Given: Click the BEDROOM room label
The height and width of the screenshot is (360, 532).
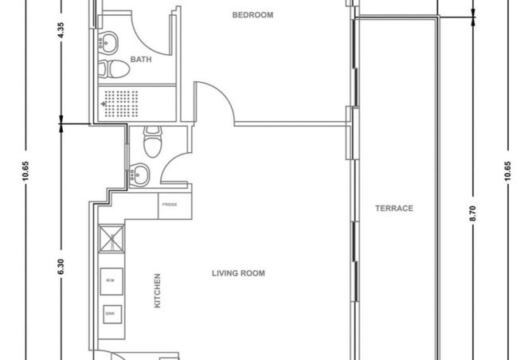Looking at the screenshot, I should (x=252, y=15).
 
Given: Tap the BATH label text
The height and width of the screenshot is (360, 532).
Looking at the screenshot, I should (x=141, y=60).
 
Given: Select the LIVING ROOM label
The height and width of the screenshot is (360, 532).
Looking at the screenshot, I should (x=238, y=273).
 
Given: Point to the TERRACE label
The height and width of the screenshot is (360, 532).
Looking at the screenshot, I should (x=394, y=209).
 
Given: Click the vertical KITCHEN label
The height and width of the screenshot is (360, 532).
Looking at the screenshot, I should (x=157, y=292).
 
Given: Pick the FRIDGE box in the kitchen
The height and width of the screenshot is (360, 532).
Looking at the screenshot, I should (x=170, y=205).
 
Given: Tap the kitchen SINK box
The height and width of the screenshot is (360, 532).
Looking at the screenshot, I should (x=110, y=314).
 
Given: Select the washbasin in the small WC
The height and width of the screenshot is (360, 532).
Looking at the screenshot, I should (x=139, y=172).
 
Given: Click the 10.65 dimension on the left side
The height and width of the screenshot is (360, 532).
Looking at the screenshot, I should (x=26, y=171).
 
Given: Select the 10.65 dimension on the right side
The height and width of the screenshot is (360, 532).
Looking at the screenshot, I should (x=507, y=171).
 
